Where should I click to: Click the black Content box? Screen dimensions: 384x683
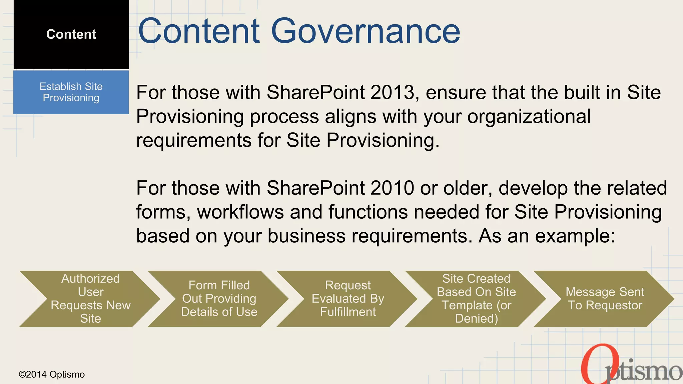click(71, 34)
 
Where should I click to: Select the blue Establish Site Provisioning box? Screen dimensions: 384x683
click(71, 92)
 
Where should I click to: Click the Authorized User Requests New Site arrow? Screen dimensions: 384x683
click(90, 299)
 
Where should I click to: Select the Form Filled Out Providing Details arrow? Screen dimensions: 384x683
click(219, 299)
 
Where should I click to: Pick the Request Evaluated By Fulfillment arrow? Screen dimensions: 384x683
click(348, 299)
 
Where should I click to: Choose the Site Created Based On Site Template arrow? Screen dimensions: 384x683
click(476, 299)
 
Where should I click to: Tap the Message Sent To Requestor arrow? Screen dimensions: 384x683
click(605, 299)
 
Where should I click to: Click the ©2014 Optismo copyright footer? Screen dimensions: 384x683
click(52, 374)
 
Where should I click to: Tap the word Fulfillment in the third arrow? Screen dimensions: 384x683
click(348, 312)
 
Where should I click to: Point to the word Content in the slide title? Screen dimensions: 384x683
click(199, 31)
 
